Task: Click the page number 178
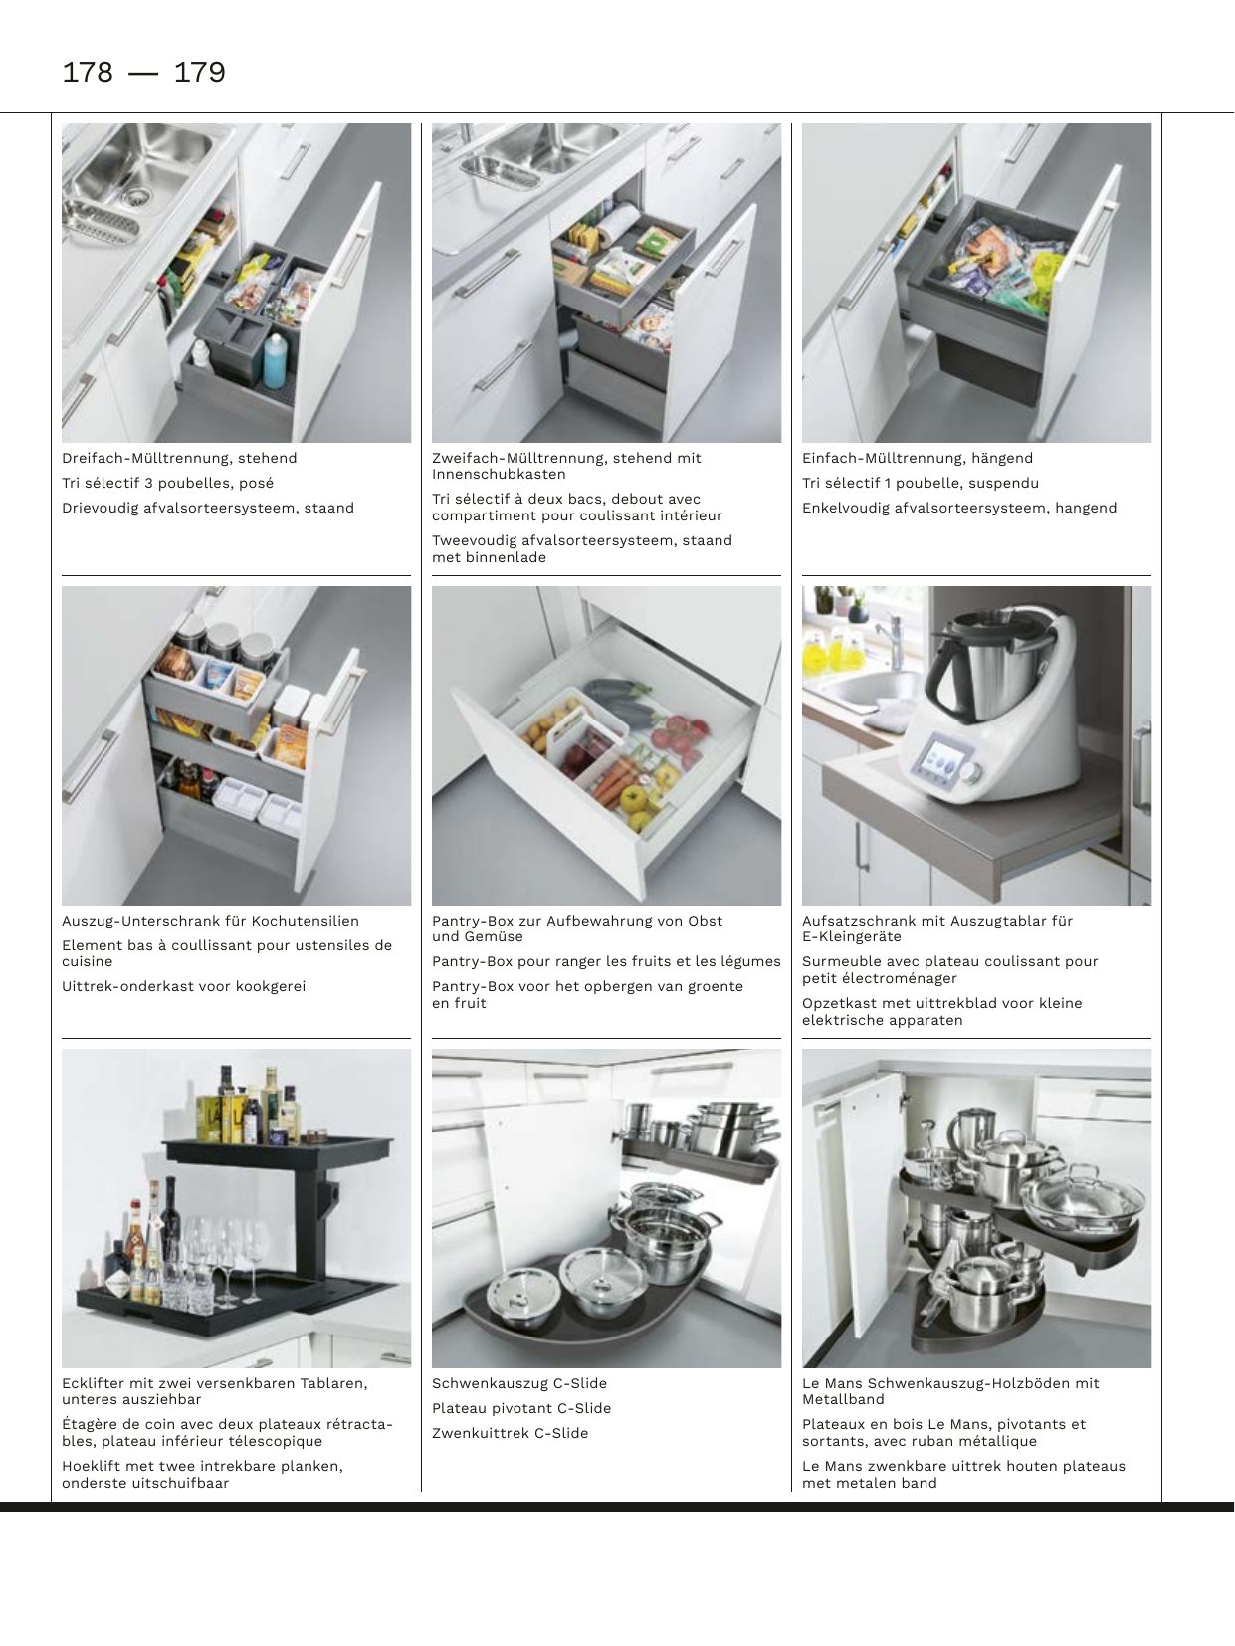pos(88,72)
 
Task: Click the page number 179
pos(199,72)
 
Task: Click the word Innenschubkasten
pos(499,475)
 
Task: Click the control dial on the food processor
pos(971,771)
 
